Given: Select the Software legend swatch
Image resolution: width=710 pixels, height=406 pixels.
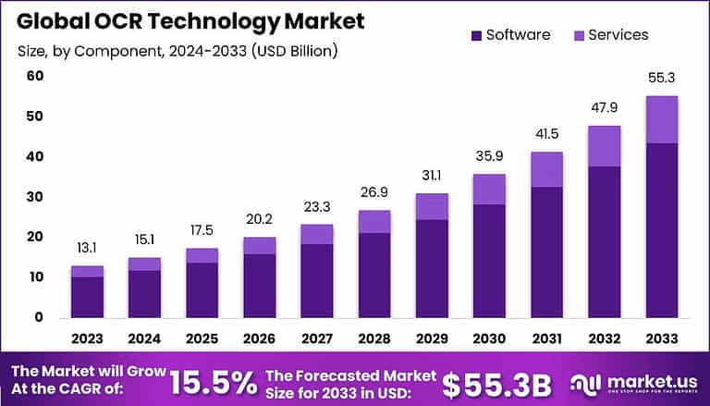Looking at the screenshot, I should tap(476, 35).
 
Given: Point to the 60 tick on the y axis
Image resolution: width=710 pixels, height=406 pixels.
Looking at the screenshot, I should tap(34, 76).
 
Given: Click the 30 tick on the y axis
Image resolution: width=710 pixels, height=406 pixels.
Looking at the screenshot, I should tap(34, 197).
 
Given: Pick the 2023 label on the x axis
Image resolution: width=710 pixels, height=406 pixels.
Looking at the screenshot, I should tap(87, 338).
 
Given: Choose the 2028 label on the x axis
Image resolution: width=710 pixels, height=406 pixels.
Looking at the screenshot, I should tap(373, 338).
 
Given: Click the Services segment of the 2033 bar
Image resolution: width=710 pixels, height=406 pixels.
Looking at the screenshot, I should tap(662, 119).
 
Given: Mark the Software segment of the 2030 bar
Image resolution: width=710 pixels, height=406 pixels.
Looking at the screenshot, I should tap(488, 261).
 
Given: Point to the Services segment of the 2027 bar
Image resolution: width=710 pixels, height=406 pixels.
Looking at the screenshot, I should tap(316, 234).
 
